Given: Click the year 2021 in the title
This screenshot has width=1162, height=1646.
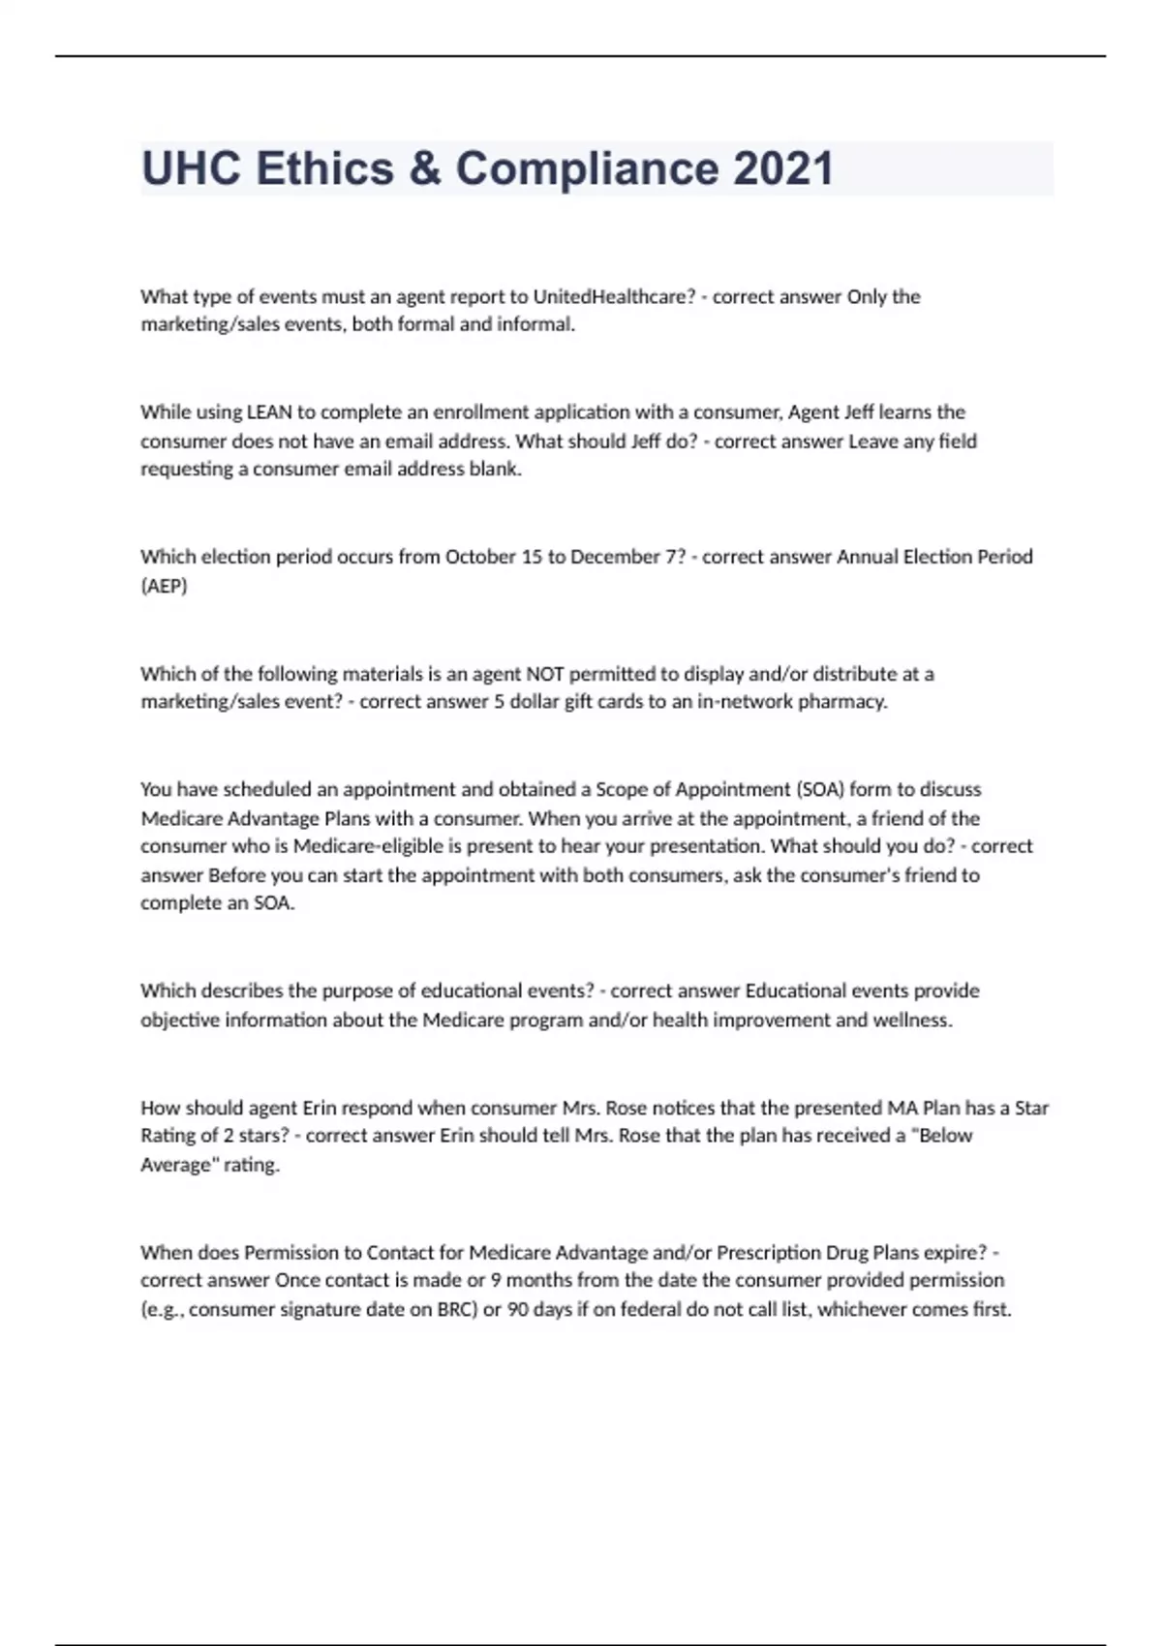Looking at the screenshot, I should pos(783,168).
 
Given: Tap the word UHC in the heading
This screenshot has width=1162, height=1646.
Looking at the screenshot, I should pos(192,168).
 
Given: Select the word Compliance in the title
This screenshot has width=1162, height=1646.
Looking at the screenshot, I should pos(588,168).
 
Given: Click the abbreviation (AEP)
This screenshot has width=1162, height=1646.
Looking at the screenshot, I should pos(164,586).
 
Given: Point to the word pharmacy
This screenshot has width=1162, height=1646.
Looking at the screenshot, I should pos(841,701).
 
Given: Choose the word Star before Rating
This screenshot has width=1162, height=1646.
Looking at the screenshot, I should pos(1031,1107).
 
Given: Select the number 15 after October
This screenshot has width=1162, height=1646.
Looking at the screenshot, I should pos(532,557).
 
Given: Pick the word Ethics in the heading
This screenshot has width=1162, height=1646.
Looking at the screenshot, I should pos(325,168).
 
